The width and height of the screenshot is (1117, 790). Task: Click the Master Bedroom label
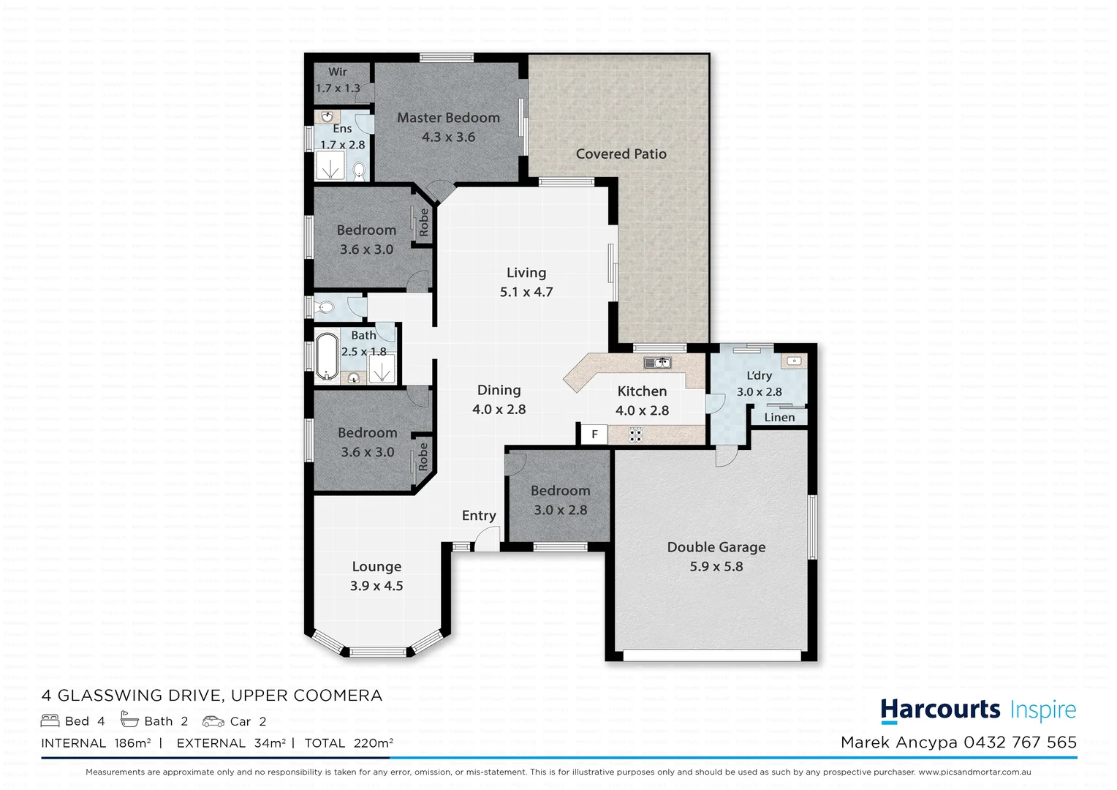point(448,118)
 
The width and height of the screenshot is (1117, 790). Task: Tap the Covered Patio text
point(621,154)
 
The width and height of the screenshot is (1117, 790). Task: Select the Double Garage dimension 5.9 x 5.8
point(716,566)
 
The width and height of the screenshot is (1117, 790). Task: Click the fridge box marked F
point(594,434)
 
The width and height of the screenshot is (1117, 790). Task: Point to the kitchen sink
point(658,362)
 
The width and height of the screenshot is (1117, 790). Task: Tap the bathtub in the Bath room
point(327,357)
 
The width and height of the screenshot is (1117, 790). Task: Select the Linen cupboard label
point(779,417)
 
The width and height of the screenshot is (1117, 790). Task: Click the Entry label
point(479,516)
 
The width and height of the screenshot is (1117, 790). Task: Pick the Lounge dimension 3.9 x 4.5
point(376,586)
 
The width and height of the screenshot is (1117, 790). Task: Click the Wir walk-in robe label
point(337,72)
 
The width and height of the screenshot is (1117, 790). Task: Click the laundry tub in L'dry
point(793,361)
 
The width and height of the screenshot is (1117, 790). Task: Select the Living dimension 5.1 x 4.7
point(526,292)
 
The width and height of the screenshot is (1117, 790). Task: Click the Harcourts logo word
point(940,710)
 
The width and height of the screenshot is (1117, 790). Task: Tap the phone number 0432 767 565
point(1020,742)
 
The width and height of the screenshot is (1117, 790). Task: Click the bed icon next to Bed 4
point(50,721)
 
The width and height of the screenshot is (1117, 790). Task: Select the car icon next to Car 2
point(213,721)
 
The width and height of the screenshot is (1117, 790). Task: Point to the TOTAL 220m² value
point(372,743)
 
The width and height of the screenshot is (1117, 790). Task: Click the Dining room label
point(499,391)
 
